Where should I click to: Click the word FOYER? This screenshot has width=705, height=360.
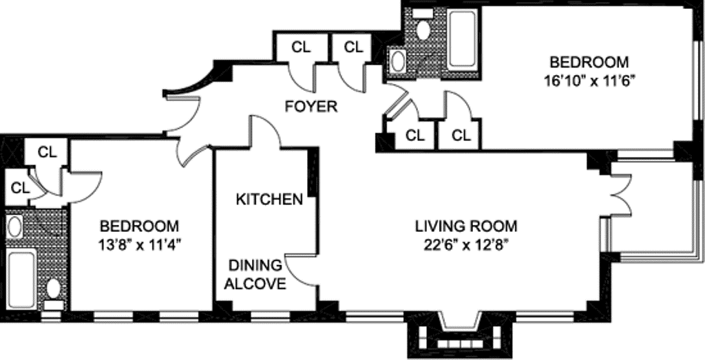[x=312, y=107]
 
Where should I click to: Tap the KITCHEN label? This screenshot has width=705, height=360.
[x=269, y=200]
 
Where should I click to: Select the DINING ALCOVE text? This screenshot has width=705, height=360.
[x=255, y=275]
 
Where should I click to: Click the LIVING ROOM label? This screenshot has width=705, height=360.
[x=466, y=226]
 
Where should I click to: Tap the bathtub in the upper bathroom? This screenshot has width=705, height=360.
[x=461, y=41]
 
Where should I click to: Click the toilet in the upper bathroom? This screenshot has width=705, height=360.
[x=424, y=25]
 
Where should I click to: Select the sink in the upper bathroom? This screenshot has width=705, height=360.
[x=398, y=60]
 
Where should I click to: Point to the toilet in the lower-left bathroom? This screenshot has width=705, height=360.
[x=53, y=293]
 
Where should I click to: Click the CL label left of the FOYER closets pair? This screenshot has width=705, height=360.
[x=301, y=47]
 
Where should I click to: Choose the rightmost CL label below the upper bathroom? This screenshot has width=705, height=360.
[x=461, y=135]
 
